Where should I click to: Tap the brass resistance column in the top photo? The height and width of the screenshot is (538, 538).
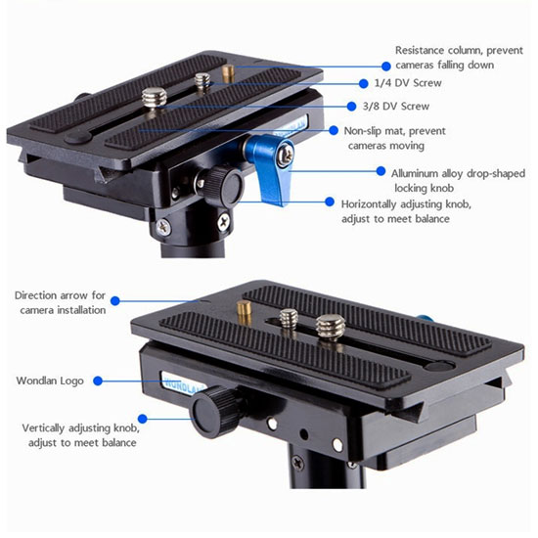pyautogui.click(x=228, y=73)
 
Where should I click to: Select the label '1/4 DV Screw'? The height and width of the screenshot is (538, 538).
pyautogui.click(x=408, y=83)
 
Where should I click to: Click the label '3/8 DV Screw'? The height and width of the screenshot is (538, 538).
pyautogui.click(x=396, y=107)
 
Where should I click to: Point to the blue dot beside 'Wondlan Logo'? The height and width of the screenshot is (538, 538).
pyautogui.click(x=98, y=381)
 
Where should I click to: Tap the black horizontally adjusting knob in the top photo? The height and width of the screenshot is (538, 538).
pyautogui.click(x=223, y=185)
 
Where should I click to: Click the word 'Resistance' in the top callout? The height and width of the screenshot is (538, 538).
pyautogui.click(x=420, y=51)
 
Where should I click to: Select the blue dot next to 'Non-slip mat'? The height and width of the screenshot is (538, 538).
pyautogui.click(x=334, y=130)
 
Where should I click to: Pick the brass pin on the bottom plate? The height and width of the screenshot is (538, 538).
pyautogui.click(x=244, y=311)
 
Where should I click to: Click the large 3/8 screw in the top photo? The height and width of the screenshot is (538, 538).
pyautogui.click(x=154, y=98)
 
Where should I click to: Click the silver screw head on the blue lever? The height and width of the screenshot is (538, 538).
pyautogui.click(x=285, y=155)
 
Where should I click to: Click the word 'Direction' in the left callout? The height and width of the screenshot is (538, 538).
pyautogui.click(x=35, y=295)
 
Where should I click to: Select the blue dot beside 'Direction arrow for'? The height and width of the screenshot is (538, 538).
pyautogui.click(x=115, y=301)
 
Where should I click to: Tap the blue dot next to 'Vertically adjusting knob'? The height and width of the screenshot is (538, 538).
pyautogui.click(x=143, y=419)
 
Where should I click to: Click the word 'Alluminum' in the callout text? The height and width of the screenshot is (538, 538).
pyautogui.click(x=415, y=173)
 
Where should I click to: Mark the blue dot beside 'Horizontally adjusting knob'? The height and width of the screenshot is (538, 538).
pyautogui.click(x=330, y=202)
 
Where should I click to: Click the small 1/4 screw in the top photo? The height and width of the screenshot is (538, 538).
pyautogui.click(x=202, y=81)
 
